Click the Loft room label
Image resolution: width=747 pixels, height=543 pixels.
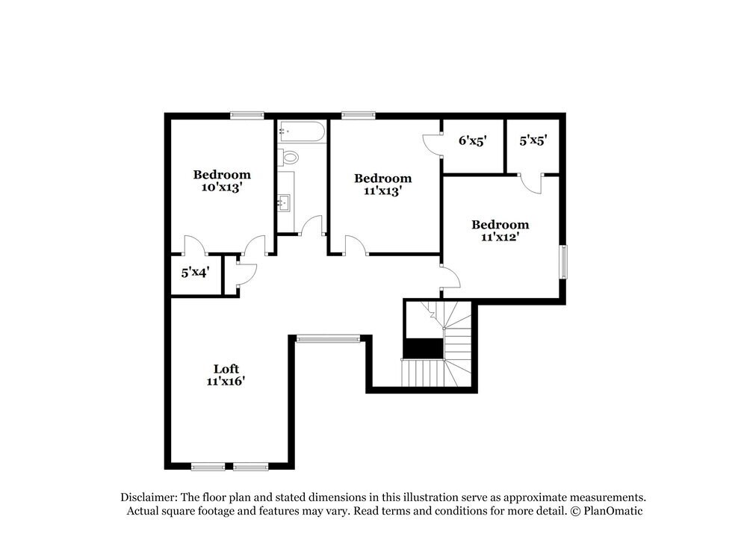pos(226,368)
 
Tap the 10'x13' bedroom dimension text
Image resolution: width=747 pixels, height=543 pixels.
pos(222,188)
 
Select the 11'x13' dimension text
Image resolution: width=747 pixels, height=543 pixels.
pos(382,191)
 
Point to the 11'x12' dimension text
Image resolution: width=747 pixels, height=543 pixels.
pos(500,237)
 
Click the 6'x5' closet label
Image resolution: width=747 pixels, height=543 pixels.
pos(473,140)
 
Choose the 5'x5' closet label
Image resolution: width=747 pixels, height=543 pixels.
pos(533,140)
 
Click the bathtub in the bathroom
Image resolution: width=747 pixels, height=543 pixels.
pos(302,133)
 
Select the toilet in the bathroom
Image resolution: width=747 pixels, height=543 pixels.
pos(288,158)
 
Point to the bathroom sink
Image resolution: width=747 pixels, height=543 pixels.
pos(285,202)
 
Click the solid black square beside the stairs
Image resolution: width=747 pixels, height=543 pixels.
pos(423,349)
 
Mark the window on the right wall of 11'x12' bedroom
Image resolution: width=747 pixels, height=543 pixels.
pos(564,262)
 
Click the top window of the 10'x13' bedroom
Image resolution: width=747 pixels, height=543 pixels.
pos(247,115)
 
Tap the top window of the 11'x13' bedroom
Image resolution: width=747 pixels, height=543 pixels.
pos(358,115)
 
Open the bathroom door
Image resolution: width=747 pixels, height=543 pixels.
pos(312,226)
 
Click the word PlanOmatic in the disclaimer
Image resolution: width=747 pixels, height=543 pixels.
pos(614,511)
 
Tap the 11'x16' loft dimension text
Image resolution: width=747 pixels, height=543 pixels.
pos(226,381)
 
